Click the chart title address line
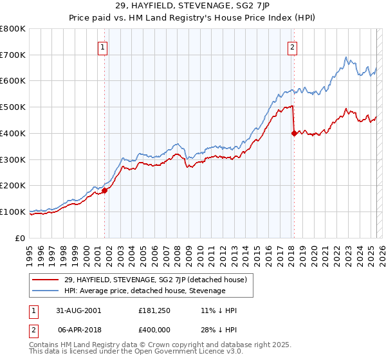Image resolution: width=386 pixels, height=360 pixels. [x=192, y=6]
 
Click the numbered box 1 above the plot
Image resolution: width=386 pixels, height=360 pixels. [x=104, y=46]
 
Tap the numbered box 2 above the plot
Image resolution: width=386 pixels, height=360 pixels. [x=293, y=46]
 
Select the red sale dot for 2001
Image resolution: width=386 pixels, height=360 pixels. [x=104, y=190]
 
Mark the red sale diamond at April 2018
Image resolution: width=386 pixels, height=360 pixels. [x=294, y=133]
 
